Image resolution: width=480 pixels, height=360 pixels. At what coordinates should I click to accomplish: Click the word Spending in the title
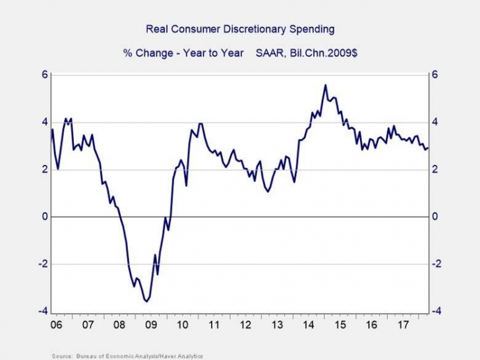312,29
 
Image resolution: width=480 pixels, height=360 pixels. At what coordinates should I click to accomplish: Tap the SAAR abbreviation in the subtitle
259,52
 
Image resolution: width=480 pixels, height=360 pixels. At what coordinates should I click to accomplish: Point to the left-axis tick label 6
45,75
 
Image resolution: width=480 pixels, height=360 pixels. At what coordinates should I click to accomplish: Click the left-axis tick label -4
43,311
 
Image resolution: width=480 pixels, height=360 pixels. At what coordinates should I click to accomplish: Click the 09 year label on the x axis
150,325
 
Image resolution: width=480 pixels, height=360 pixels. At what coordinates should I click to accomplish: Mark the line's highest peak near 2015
325,84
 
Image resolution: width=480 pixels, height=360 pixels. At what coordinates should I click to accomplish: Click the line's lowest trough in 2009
146,301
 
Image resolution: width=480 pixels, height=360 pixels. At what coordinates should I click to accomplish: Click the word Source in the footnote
61,355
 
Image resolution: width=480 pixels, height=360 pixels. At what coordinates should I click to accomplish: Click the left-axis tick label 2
45,169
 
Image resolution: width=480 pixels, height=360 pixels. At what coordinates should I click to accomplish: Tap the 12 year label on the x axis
246,325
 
